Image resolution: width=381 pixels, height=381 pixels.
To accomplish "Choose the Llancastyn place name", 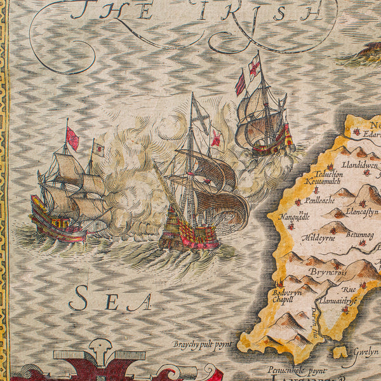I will [x=362, y=211].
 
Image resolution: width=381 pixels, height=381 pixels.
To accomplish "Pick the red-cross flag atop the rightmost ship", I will [x=254, y=67].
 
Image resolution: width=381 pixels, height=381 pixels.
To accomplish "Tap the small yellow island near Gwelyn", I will [x=342, y=351].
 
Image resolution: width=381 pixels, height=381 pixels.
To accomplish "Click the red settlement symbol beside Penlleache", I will [x=297, y=202].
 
